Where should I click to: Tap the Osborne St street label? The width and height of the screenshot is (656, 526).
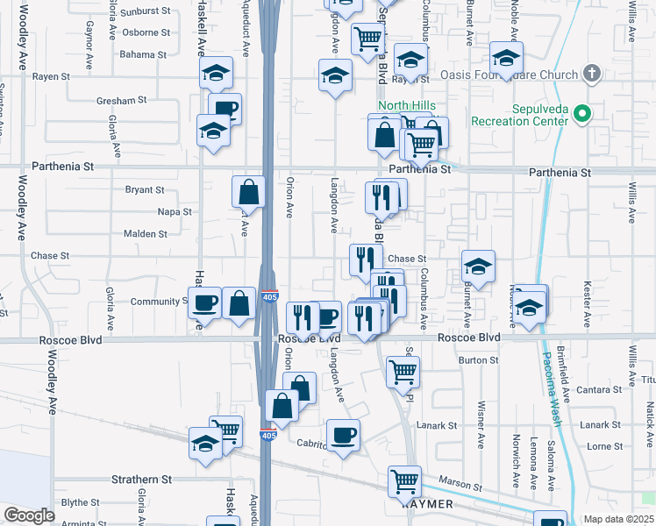pyautogui.click(x=146, y=32)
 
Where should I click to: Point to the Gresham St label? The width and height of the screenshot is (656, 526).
pyautogui.click(x=123, y=101)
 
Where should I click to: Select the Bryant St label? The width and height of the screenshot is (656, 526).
pyautogui.click(x=145, y=189)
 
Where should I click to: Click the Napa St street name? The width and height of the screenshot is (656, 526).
pyautogui.click(x=174, y=212)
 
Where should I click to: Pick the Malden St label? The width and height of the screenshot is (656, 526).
pyautogui.click(x=145, y=234)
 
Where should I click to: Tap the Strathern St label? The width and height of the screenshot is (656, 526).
pyautogui.click(x=141, y=480)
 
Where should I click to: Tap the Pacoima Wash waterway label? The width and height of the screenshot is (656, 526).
pyautogui.click(x=551, y=378)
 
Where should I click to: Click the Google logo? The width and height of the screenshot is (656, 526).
pyautogui.click(x=30, y=515)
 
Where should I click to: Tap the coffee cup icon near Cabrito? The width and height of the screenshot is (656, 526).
pyautogui.click(x=343, y=435)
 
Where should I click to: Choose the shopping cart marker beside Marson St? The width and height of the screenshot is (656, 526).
pyautogui.click(x=404, y=480)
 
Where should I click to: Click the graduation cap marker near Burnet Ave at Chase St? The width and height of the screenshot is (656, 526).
pyautogui.click(x=478, y=266)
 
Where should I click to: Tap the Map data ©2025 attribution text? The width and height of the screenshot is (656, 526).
pyautogui.click(x=619, y=519)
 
